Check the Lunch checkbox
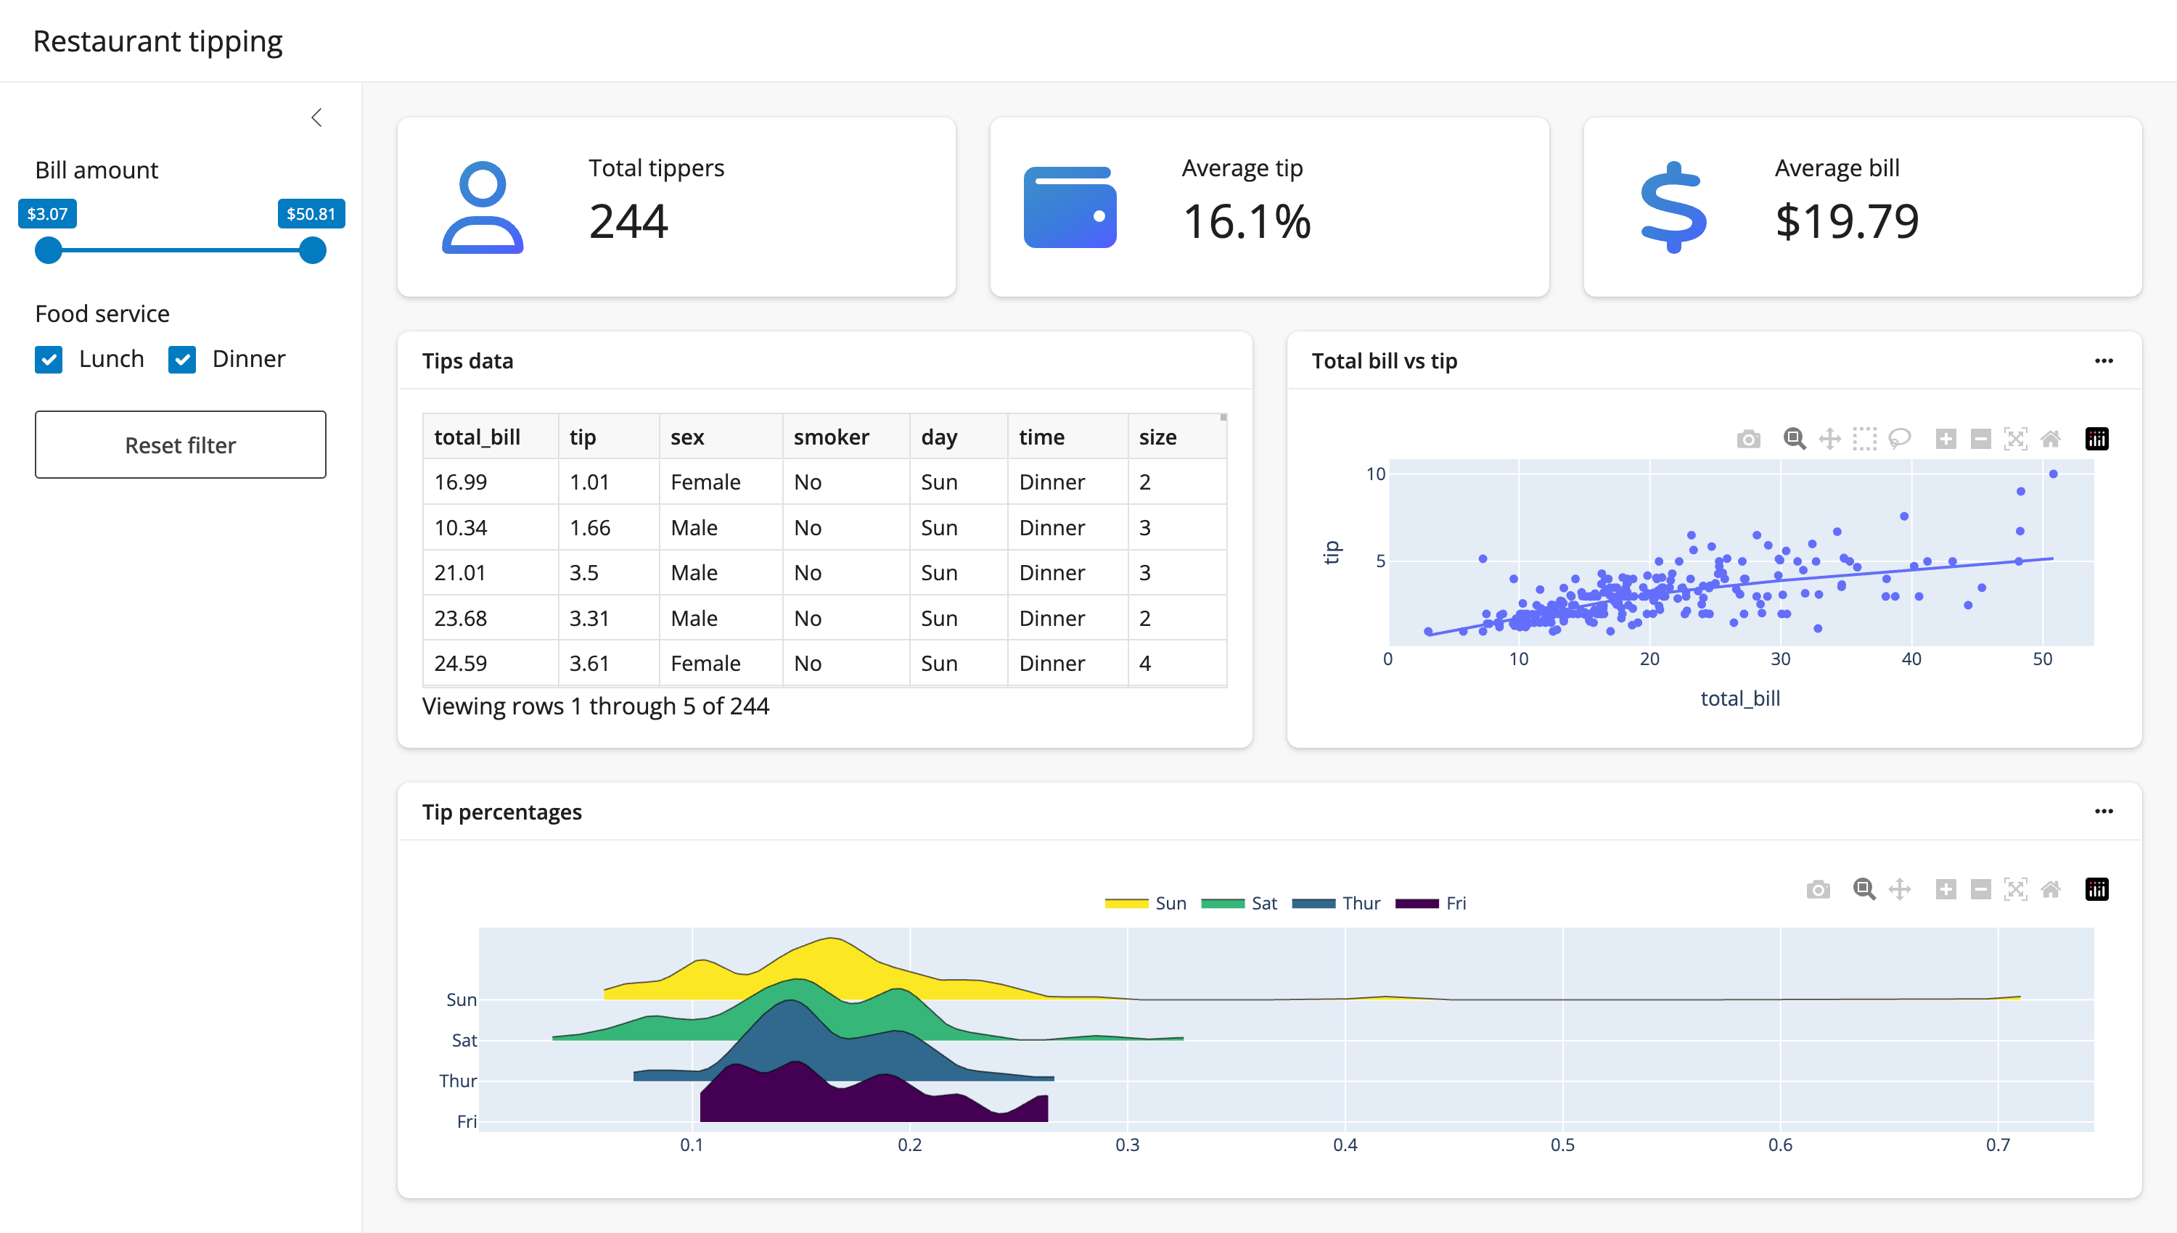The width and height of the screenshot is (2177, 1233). pos(49,359)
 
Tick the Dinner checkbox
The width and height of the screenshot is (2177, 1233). pos(182,359)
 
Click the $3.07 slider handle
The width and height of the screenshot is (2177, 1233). pos(49,251)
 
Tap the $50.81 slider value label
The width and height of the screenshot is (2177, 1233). pos(311,213)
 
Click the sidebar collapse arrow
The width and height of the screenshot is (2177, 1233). pos(317,117)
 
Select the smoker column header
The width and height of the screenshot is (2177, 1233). pos(830,437)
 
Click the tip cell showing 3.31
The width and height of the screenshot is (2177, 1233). pos(589,618)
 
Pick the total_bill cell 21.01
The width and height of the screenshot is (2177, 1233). pos(460,572)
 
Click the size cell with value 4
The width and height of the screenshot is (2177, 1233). pos(1144,663)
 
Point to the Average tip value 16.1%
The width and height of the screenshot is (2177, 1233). pos(1246,222)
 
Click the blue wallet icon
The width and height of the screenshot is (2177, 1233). pos(1070,207)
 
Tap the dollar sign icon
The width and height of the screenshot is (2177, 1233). pos(1673,207)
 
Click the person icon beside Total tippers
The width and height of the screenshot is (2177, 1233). pos(482,207)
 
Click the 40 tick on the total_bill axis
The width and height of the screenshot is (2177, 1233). pos(1911,659)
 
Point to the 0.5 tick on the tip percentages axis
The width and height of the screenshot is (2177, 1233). pos(1562,1145)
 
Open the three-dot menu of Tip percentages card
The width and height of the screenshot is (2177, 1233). pos(2103,812)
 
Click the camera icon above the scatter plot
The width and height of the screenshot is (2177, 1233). pos(1747,439)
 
